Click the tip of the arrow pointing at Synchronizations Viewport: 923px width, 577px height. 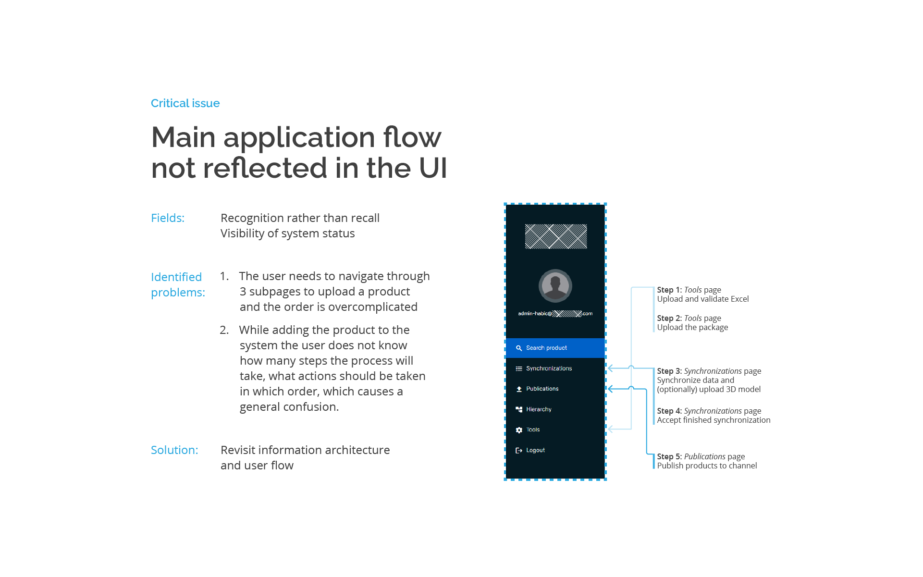click(x=608, y=368)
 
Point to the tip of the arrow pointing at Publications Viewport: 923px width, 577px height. click(x=608, y=389)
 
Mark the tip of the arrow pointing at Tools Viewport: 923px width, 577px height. click(x=608, y=429)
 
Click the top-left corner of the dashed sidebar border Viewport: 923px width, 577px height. click(x=505, y=204)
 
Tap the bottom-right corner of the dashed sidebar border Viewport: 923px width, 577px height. click(x=606, y=480)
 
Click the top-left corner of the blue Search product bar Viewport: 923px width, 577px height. click(x=506, y=338)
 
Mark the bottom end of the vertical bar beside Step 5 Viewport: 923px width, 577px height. click(x=653, y=468)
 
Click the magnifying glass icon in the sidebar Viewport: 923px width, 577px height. click(x=519, y=348)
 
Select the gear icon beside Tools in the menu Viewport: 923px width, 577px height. click(x=519, y=430)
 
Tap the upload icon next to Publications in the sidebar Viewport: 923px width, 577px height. click(x=519, y=389)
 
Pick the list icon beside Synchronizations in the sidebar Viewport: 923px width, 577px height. click(x=519, y=368)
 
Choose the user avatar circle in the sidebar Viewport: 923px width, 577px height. click(x=555, y=285)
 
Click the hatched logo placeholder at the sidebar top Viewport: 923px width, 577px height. click(x=556, y=236)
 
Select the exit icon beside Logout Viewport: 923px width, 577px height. click(x=519, y=450)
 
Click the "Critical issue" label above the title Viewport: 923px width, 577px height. click(x=185, y=103)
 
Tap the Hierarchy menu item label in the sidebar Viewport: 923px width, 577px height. click(x=539, y=409)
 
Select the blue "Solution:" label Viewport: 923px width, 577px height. click(x=174, y=450)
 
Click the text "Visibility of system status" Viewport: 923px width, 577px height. click(x=288, y=233)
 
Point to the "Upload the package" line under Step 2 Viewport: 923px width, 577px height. click(x=692, y=327)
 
